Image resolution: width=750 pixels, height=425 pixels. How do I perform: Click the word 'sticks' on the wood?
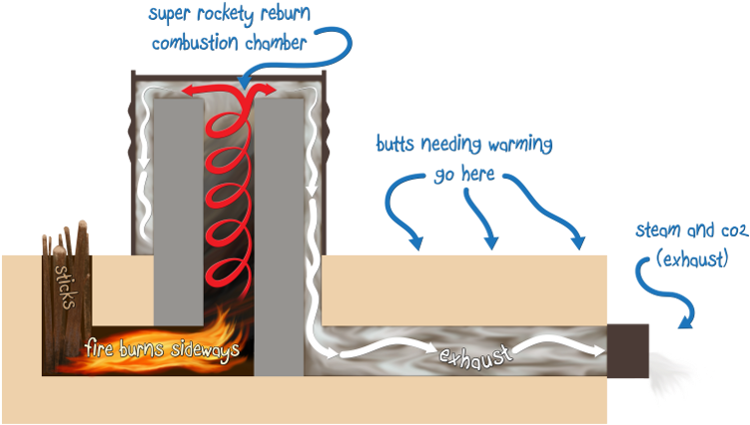tap(63, 287)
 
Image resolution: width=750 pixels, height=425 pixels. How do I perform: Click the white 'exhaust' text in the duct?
tap(476, 353)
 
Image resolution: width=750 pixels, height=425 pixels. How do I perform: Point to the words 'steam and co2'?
tap(690, 231)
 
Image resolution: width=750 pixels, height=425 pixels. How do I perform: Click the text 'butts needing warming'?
tap(463, 144)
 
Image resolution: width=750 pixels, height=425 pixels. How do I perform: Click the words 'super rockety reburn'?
tap(231, 15)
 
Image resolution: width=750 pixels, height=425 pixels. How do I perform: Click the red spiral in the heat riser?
tap(232, 190)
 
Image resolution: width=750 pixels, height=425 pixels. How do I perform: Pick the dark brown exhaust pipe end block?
tap(627, 352)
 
